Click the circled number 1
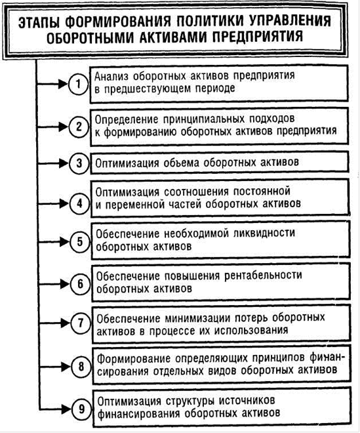[x=79, y=84]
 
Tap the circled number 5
[x=80, y=242]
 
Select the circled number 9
[x=81, y=409]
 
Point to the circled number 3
[x=79, y=163]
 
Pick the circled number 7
[x=81, y=323]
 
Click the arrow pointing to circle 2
[x=52, y=127]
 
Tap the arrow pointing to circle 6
[x=53, y=284]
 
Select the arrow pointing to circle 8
[x=55, y=367]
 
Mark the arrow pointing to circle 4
[x=52, y=204]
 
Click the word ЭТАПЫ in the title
[x=39, y=23]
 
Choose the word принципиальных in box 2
[x=204, y=119]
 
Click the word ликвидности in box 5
[x=264, y=234]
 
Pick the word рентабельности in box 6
[x=263, y=276]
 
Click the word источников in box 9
[x=247, y=401]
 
